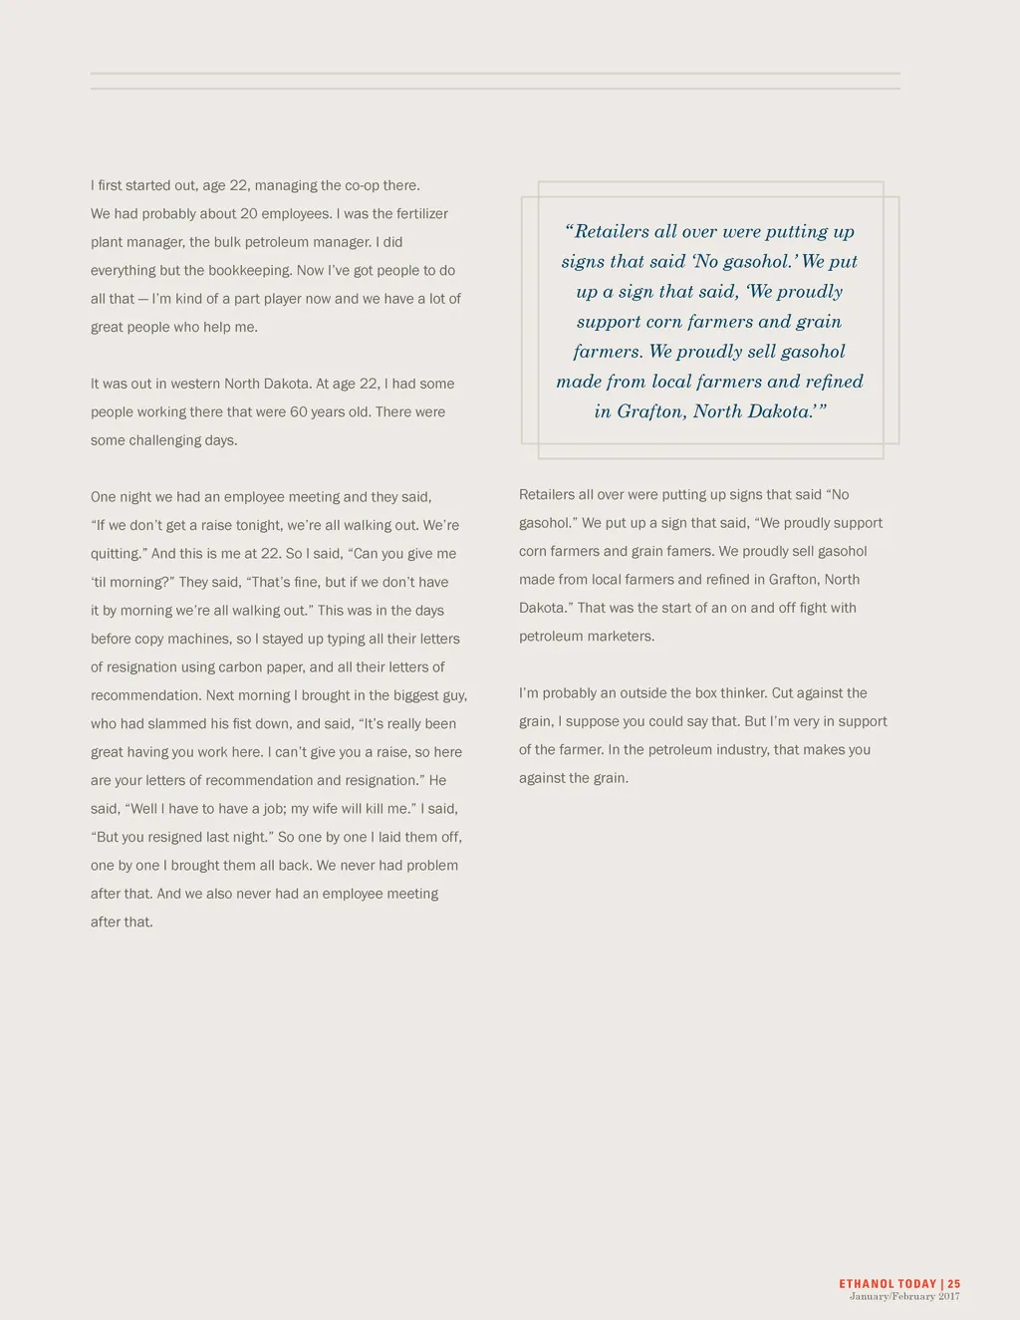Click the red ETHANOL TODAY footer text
pyautogui.click(x=888, y=1284)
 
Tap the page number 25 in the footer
pyautogui.click(x=954, y=1284)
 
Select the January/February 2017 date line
pyautogui.click(x=904, y=1297)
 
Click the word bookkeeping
pyautogui.click(x=249, y=271)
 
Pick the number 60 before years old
pyautogui.click(x=299, y=412)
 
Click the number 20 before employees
pyautogui.click(x=249, y=214)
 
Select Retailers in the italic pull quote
pyautogui.click(x=612, y=232)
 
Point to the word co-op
pyautogui.click(x=362, y=186)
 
